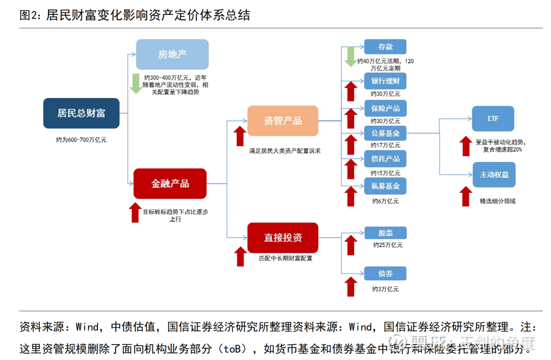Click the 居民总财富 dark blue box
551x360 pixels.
pyautogui.click(x=81, y=113)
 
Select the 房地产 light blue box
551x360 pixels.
pyautogui.click(x=172, y=54)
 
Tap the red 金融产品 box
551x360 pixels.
pyautogui.click(x=170, y=183)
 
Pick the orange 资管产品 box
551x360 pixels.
pyautogui.click(x=283, y=121)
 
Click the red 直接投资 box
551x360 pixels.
pyautogui.click(x=283, y=237)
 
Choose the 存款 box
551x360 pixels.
pyautogui.click(x=385, y=47)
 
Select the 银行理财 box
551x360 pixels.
pyautogui.click(x=385, y=81)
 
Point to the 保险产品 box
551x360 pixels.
pyautogui.click(x=385, y=108)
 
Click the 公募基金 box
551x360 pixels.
pyautogui.click(x=385, y=133)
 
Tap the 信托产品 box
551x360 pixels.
pyautogui.click(x=385, y=158)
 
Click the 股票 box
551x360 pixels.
pyautogui.click(x=385, y=233)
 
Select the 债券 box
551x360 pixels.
pyautogui.click(x=385, y=273)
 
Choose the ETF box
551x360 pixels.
pyautogui.click(x=493, y=119)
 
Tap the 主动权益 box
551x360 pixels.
pyautogui.click(x=494, y=175)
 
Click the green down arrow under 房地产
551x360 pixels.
pyautogui.click(x=136, y=84)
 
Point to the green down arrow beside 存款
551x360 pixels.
pyautogui.click(x=350, y=56)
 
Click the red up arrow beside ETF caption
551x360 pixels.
pyautogui.click(x=465, y=146)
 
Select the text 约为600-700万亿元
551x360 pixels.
pyautogui.click(x=81, y=139)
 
